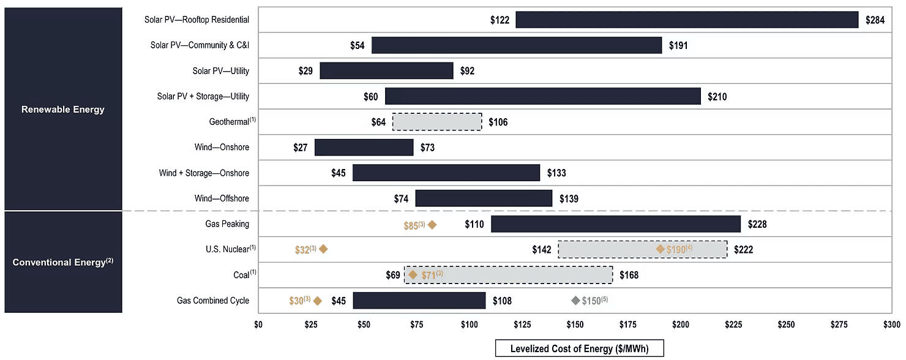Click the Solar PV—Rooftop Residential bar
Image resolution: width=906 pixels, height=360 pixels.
[687, 20]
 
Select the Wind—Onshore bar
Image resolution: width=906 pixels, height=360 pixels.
[364, 147]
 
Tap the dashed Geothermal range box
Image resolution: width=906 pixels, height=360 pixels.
[437, 122]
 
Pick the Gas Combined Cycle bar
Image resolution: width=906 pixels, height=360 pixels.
[419, 301]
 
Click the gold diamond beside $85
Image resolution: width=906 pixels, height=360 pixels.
[432, 225]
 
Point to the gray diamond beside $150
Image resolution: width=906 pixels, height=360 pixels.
[575, 300]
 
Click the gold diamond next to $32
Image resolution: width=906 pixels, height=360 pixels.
[323, 249]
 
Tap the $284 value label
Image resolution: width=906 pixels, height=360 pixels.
[875, 20]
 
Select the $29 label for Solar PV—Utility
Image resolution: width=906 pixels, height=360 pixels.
[305, 71]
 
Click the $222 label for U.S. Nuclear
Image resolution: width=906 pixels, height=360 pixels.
[743, 250]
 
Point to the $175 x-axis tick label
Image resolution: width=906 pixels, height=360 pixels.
[627, 324]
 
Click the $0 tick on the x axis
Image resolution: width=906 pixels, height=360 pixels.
[258, 324]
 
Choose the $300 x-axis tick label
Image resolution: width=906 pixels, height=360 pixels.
[891, 324]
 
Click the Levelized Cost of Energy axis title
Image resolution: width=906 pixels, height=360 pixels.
[579, 349]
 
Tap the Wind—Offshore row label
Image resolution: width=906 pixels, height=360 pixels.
[222, 198]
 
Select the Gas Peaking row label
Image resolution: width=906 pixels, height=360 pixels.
[227, 223]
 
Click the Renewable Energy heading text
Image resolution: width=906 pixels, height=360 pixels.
[62, 109]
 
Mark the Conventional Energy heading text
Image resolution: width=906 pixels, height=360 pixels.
[62, 262]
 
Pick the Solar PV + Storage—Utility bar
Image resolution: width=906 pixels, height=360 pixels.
[543, 96]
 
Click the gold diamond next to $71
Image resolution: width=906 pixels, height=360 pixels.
[413, 275]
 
